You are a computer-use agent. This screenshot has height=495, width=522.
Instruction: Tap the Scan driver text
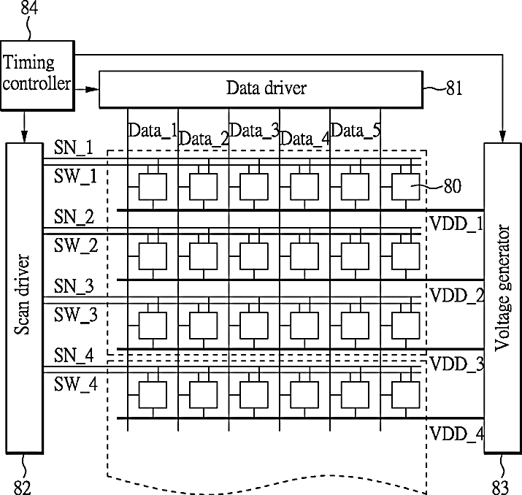(x=23, y=294)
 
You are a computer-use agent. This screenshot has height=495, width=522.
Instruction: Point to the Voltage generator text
(x=502, y=288)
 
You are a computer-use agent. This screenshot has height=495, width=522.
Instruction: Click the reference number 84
(x=29, y=7)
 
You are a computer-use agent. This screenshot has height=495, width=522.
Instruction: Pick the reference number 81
(x=454, y=88)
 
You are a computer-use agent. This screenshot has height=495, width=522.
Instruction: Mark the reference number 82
(x=23, y=488)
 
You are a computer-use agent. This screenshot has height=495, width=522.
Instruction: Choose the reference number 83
(x=500, y=488)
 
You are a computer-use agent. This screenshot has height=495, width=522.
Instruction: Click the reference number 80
(x=453, y=186)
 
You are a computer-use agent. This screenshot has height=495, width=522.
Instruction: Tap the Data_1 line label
(x=153, y=130)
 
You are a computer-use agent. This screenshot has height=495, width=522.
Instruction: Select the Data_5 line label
(x=356, y=130)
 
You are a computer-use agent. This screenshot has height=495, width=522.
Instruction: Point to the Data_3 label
(x=254, y=130)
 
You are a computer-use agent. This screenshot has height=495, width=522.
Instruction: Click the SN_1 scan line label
(x=74, y=147)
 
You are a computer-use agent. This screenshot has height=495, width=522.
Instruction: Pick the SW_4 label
(x=76, y=384)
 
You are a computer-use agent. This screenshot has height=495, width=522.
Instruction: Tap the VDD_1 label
(x=456, y=223)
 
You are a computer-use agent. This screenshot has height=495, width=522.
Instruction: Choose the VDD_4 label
(x=457, y=434)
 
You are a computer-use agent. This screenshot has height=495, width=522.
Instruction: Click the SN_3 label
(x=74, y=286)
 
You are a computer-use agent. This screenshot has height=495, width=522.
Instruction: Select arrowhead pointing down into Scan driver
(x=24, y=136)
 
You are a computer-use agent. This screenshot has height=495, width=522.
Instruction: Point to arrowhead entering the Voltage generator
(x=503, y=136)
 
